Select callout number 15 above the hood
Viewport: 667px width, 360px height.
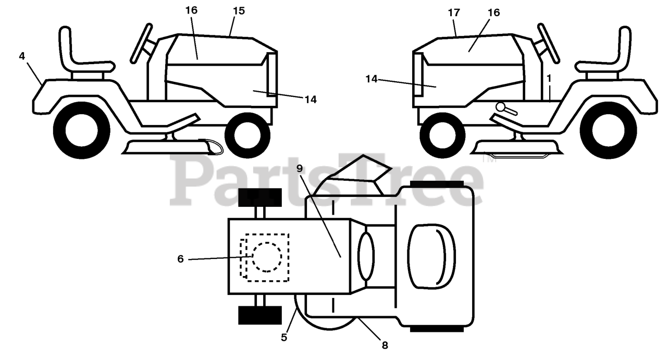coord(239,11)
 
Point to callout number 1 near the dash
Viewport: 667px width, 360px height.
coord(549,77)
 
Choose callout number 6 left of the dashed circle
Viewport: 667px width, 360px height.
coord(181,259)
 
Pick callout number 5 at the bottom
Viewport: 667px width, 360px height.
coord(284,337)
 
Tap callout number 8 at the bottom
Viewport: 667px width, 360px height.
coord(385,344)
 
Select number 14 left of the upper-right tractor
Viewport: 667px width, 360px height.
coord(372,79)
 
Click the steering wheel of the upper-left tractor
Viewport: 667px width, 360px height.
coord(141,43)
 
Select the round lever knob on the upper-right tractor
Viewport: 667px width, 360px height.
coord(501,107)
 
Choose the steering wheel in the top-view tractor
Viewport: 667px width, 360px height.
coord(365,256)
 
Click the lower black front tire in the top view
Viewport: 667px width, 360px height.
coord(260,315)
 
